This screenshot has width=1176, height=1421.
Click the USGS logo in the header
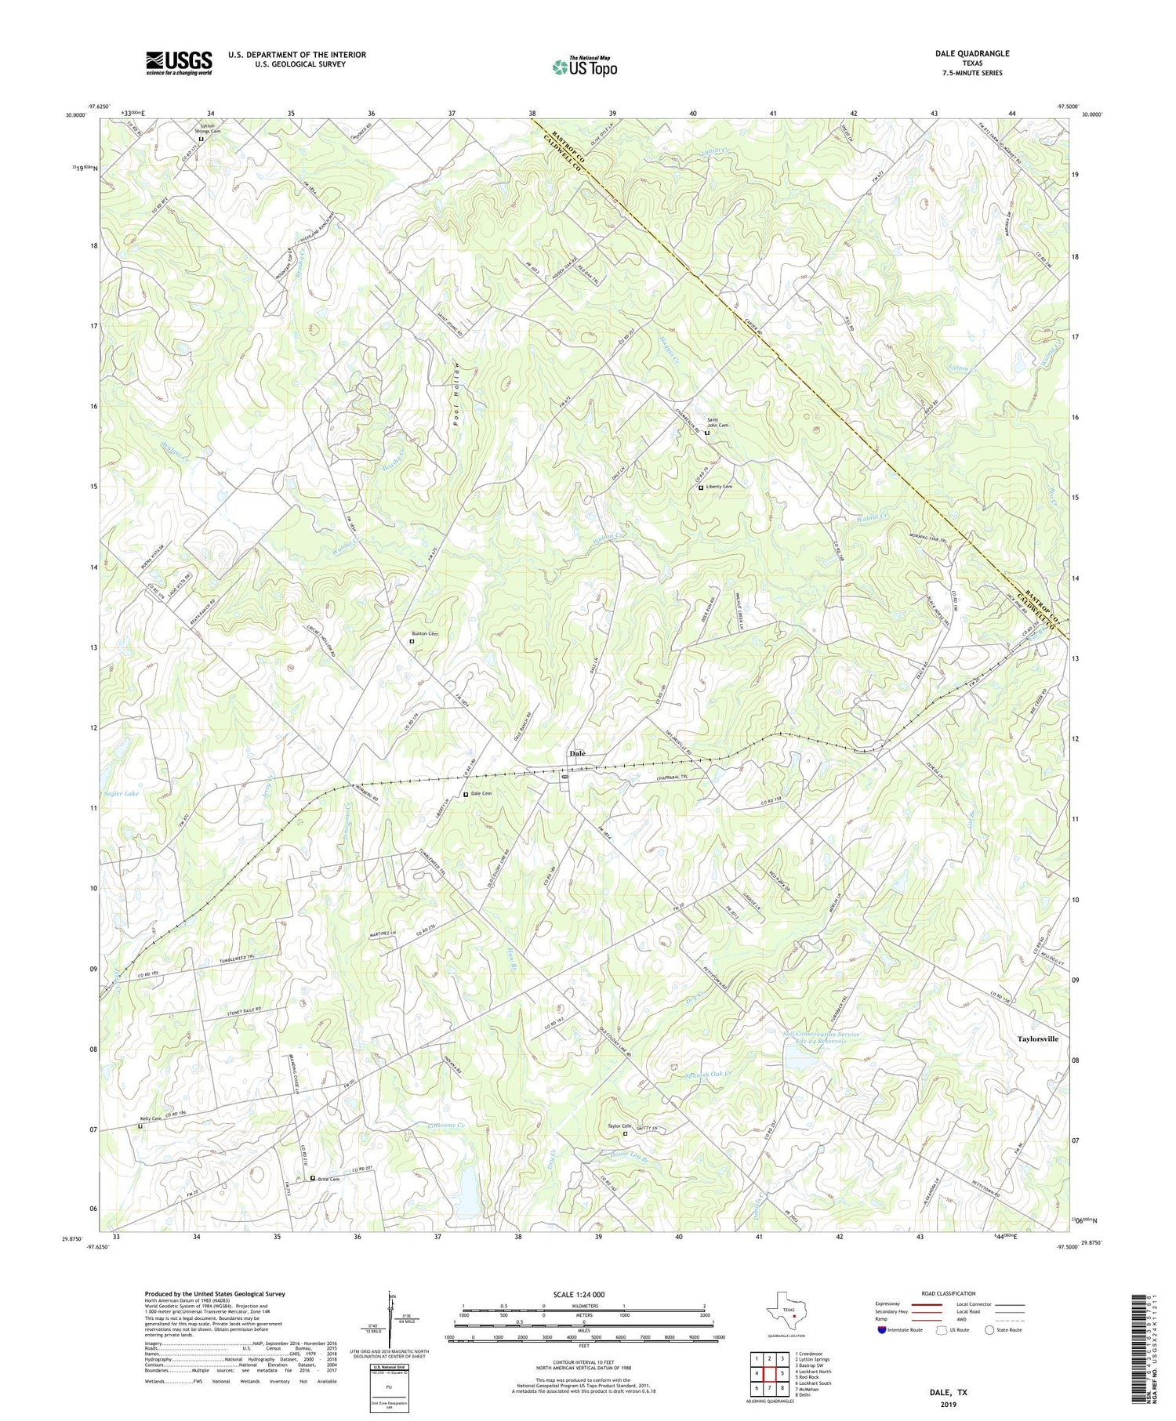click(x=179, y=63)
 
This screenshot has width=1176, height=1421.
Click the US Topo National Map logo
click(x=584, y=67)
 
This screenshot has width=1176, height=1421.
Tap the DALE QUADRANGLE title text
click(x=971, y=53)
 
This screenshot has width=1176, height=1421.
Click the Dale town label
click(x=577, y=753)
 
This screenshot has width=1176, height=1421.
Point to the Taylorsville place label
click(x=1037, y=1039)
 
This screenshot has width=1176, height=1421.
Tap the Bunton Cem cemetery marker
click(x=412, y=641)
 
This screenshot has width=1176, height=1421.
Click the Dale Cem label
click(x=481, y=793)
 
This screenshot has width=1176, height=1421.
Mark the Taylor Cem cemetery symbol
click(x=625, y=1133)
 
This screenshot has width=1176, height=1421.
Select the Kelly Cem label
click(x=151, y=1118)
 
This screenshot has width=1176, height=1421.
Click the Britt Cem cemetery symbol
click(x=313, y=1178)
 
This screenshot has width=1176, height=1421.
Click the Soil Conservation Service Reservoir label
click(x=821, y=1039)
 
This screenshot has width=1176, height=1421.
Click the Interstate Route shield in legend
click(x=882, y=1329)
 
